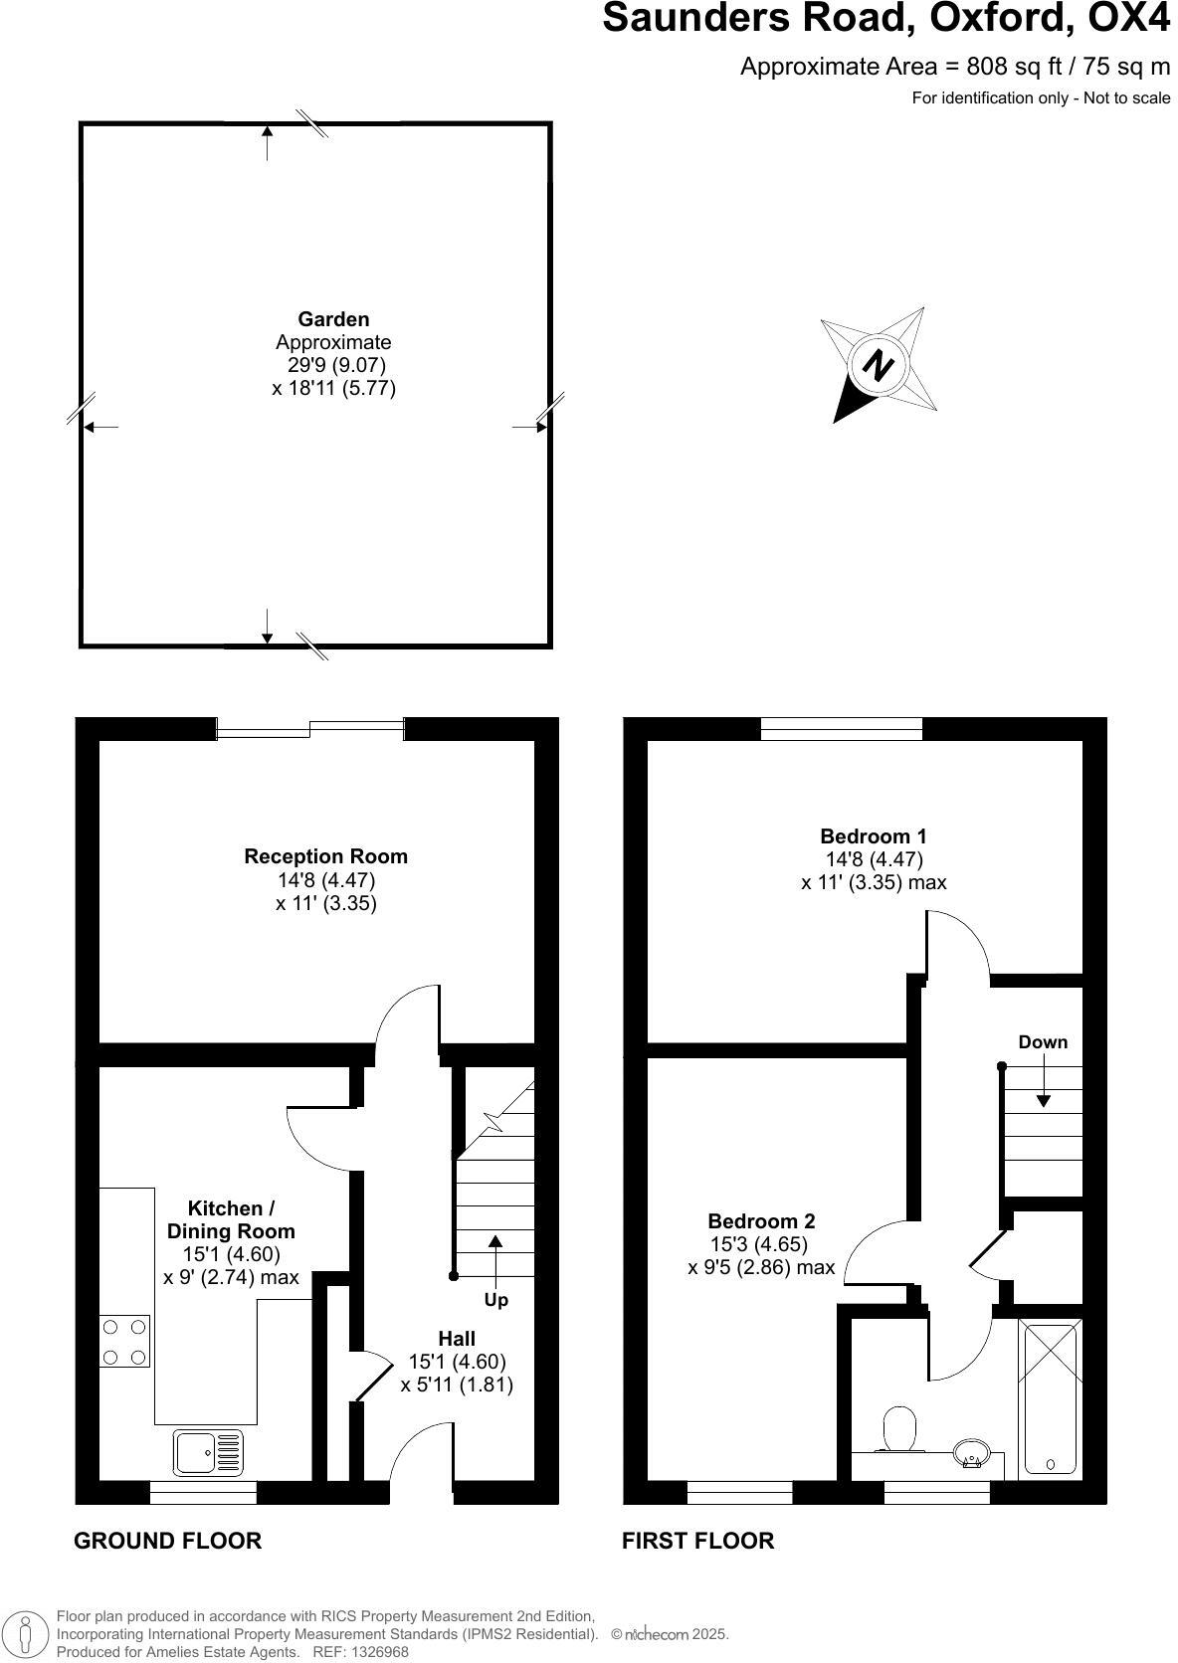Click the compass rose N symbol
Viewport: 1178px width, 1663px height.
click(877, 366)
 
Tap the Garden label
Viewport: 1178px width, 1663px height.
click(333, 319)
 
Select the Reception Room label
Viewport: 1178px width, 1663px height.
click(325, 856)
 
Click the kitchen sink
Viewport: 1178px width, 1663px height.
click(208, 1451)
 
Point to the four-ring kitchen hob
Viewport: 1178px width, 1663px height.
click(124, 1341)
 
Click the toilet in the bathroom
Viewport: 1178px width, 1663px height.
click(900, 1428)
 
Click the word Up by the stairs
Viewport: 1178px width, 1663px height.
click(495, 1300)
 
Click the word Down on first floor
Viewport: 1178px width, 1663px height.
click(1043, 1042)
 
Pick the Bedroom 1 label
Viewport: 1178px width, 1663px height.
click(873, 836)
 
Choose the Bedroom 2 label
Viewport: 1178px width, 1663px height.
click(761, 1221)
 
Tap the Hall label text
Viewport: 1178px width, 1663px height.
click(457, 1339)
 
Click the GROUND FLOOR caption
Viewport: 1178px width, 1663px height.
click(167, 1541)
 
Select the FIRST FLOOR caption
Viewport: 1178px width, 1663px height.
click(697, 1541)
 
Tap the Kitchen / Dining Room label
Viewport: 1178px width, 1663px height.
click(231, 1219)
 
